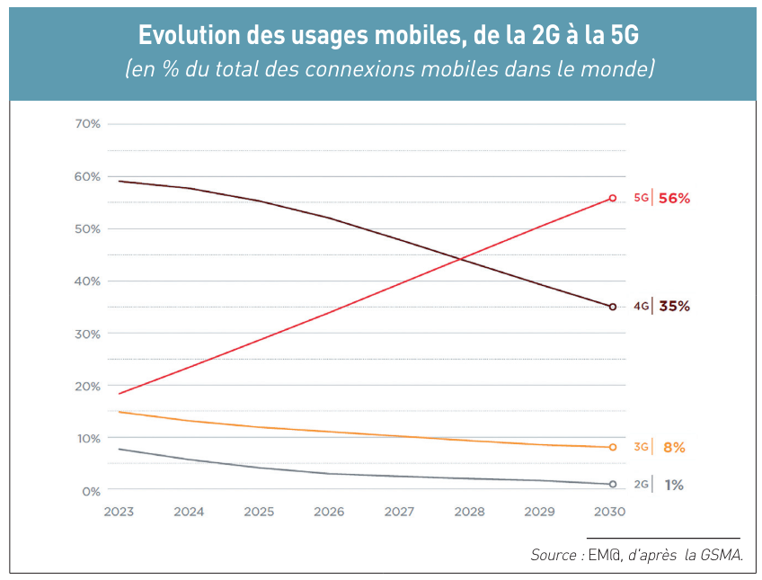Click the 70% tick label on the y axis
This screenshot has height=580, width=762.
(x=87, y=123)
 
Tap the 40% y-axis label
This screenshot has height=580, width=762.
(x=87, y=281)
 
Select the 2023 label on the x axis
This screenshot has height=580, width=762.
(x=119, y=512)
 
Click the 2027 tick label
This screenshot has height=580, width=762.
(x=399, y=512)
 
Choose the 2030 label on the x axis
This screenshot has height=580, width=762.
(x=609, y=512)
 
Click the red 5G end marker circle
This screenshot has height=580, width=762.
(x=613, y=198)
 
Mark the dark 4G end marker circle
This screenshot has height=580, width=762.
(x=613, y=307)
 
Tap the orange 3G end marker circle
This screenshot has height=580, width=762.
(x=613, y=447)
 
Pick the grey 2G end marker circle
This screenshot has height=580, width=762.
(x=613, y=484)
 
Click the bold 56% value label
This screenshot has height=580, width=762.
(x=674, y=199)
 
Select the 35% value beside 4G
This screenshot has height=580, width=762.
(x=674, y=307)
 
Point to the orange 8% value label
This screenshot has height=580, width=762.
(x=674, y=448)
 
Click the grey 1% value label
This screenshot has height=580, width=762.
(x=674, y=485)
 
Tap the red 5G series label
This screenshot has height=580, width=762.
(x=641, y=198)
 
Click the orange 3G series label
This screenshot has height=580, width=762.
(x=641, y=447)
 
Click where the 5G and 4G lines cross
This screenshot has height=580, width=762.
(x=462, y=259)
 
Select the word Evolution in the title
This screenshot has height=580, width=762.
(x=182, y=36)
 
